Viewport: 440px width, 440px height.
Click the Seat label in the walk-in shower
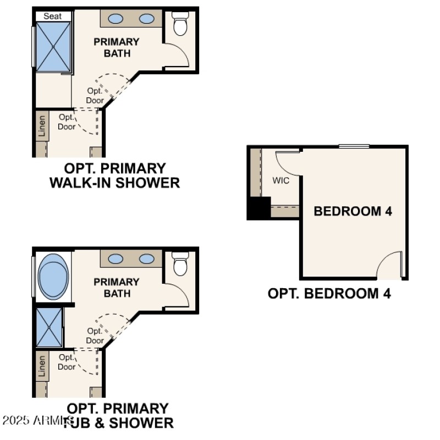pyautogui.click(x=53, y=16)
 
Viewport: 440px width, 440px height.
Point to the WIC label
pyautogui.click(x=280, y=180)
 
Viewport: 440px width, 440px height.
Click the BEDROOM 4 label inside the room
pyautogui.click(x=353, y=211)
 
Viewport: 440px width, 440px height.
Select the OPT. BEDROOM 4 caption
pyautogui.click(x=329, y=293)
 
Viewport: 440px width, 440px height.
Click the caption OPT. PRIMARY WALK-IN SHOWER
pyautogui.click(x=114, y=175)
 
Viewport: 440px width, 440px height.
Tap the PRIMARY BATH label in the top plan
pyautogui.click(x=116, y=47)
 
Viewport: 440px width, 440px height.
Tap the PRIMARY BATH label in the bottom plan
pyautogui.click(x=116, y=288)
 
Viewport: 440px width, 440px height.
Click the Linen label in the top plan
pyautogui.click(x=42, y=126)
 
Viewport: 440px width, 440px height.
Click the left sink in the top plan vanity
pyautogui.click(x=116, y=19)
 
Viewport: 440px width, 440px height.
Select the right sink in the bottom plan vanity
pyautogui.click(x=146, y=258)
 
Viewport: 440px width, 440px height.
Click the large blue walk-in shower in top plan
pyautogui.click(x=53, y=47)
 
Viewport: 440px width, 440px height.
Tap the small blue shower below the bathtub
pyautogui.click(x=49, y=327)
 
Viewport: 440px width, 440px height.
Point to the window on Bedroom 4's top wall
pyautogui.click(x=354, y=146)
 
